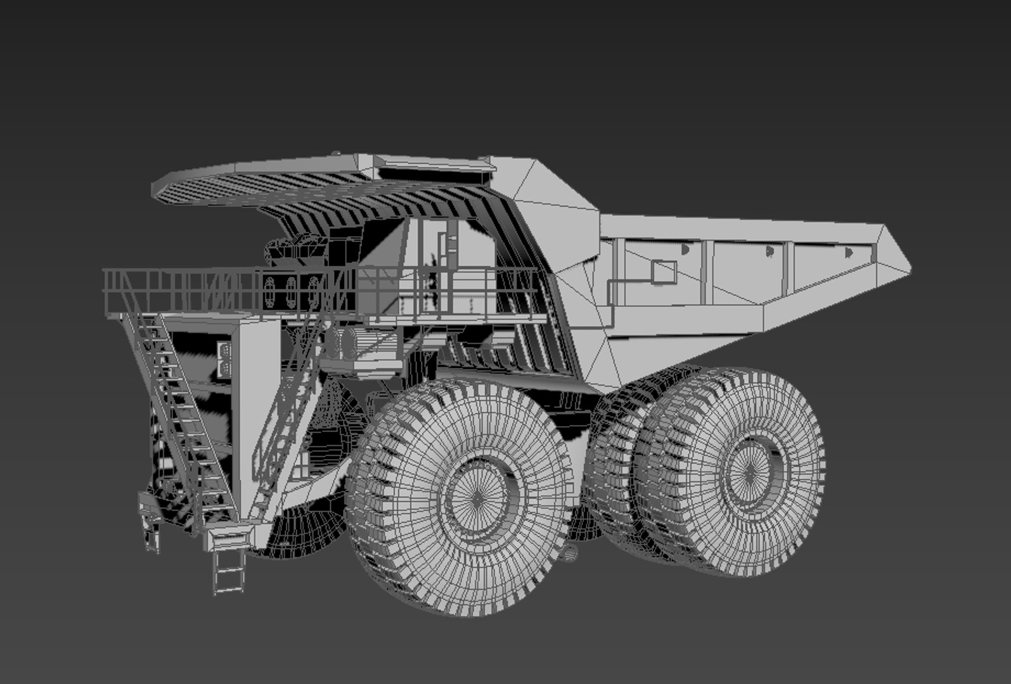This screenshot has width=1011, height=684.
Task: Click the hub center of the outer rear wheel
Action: click(x=748, y=472)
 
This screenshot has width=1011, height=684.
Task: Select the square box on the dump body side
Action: click(x=664, y=272)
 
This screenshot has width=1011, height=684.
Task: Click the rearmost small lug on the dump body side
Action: click(x=848, y=252)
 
